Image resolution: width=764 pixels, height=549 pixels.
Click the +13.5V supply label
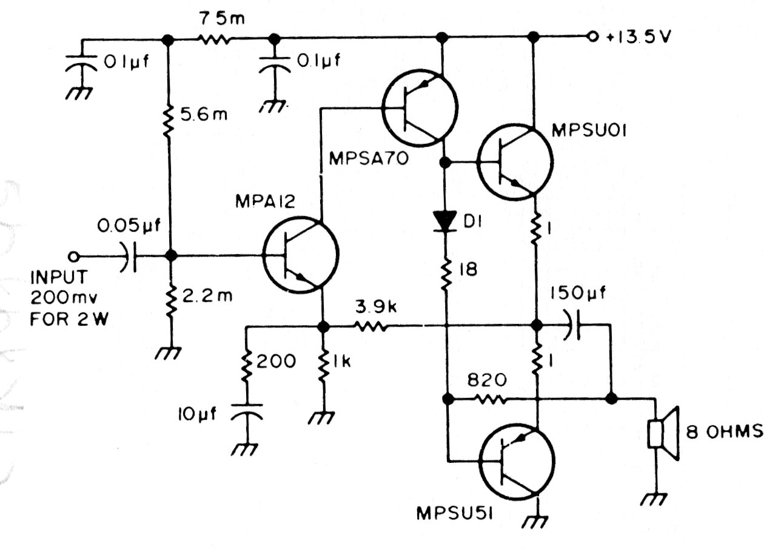coord(637,37)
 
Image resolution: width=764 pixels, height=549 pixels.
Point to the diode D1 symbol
coord(446,221)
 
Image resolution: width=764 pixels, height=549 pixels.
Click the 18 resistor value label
coord(467,270)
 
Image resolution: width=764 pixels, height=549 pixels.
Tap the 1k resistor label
coord(344,362)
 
